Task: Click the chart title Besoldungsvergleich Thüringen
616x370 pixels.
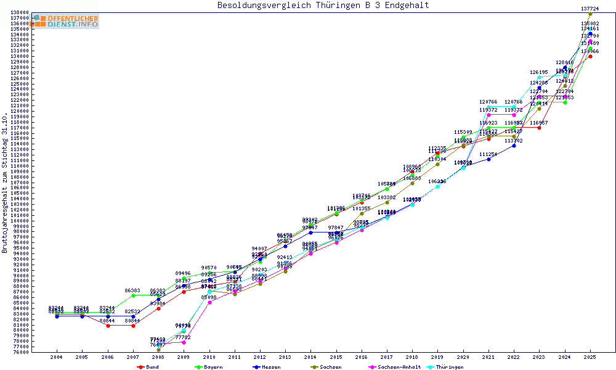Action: click(323, 6)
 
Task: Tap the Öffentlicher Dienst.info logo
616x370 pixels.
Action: click(66, 22)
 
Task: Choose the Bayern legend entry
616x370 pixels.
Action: click(209, 367)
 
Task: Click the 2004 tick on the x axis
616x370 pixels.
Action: click(57, 357)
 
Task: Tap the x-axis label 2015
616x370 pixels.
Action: click(336, 357)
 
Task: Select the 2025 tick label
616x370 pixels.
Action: click(590, 357)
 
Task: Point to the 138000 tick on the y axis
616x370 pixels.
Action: click(20, 12)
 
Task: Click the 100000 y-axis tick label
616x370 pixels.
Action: click(20, 221)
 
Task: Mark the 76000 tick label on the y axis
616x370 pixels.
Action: click(20, 352)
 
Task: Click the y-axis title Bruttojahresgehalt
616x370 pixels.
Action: click(5, 183)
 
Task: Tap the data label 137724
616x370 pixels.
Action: click(590, 9)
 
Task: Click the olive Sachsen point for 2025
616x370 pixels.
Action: click(590, 14)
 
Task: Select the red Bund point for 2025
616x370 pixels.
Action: click(590, 56)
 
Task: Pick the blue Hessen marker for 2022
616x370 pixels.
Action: click(514, 146)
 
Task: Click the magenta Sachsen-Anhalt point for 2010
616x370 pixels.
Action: click(209, 302)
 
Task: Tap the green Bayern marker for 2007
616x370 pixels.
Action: click(133, 295)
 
